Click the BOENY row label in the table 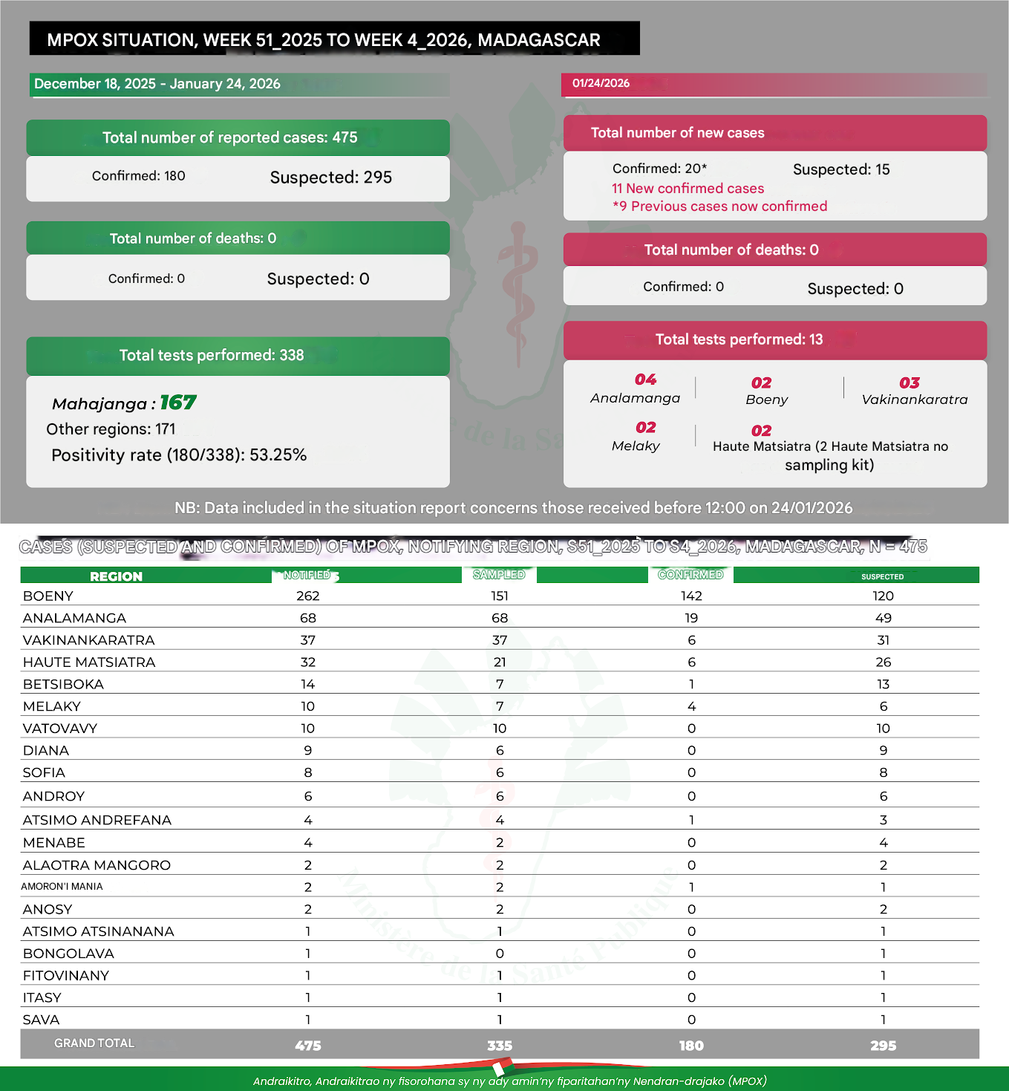(48, 596)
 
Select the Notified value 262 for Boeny (307, 596)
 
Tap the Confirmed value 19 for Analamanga (691, 618)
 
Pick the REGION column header (116, 576)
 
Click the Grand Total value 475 (307, 1045)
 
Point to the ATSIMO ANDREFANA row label (97, 820)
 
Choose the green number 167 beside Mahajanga (178, 403)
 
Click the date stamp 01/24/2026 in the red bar (601, 83)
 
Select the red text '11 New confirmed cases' (688, 189)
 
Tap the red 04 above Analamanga (645, 380)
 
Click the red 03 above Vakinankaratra (910, 383)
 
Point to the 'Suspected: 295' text (330, 178)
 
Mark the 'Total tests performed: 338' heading (212, 355)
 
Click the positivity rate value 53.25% (278, 455)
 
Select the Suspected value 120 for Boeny (883, 596)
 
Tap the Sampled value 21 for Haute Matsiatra (500, 662)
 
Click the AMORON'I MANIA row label (62, 887)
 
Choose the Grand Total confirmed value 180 (691, 1045)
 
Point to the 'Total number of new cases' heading (677, 133)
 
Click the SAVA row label (42, 1020)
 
